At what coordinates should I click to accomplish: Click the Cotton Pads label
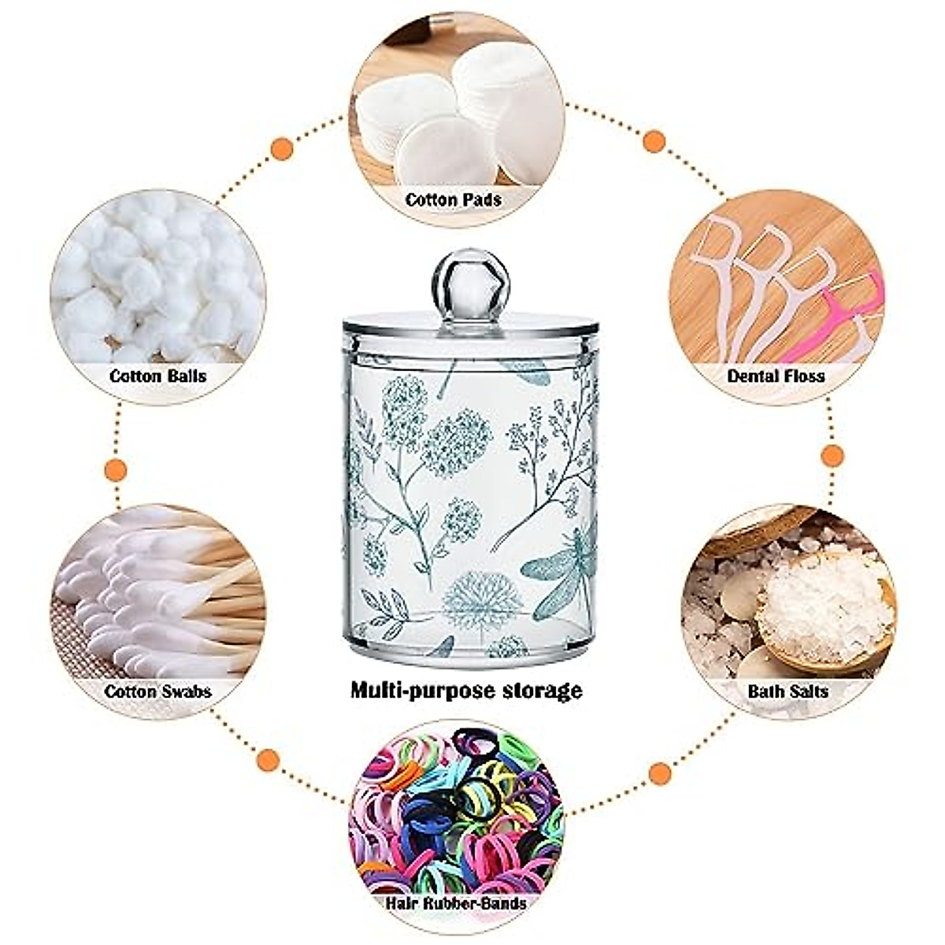tap(454, 200)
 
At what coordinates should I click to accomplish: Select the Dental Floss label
tap(776, 376)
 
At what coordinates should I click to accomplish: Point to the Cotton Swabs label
tap(158, 691)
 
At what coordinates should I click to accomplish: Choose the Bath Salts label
tap(788, 691)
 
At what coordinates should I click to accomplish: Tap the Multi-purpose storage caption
tap(466, 691)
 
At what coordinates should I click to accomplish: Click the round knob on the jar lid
tap(471, 280)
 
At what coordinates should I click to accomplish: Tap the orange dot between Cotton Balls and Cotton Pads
tap(281, 148)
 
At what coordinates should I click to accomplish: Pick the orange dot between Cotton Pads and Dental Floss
tap(654, 142)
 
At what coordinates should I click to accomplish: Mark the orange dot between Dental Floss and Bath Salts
tap(832, 455)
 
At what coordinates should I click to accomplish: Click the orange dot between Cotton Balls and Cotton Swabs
tap(116, 470)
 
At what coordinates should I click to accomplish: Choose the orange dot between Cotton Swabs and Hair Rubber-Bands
tap(269, 760)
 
